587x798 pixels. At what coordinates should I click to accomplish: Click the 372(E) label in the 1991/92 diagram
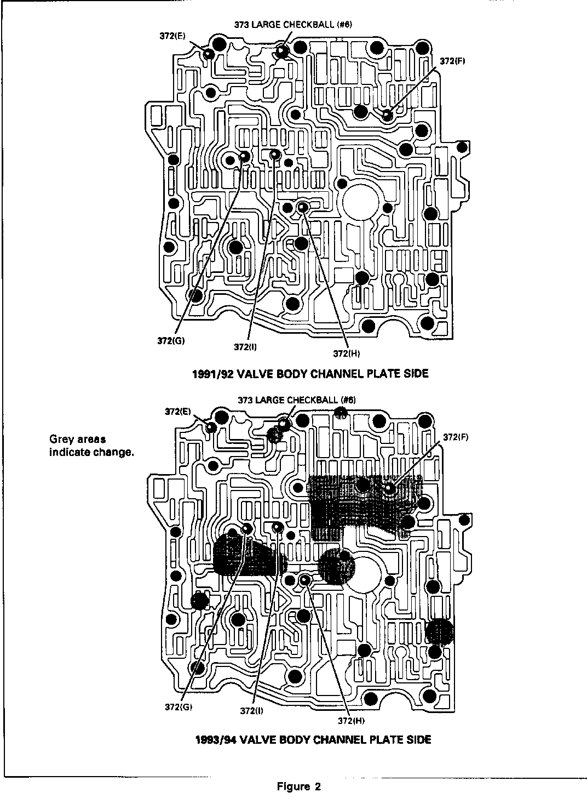tap(172, 36)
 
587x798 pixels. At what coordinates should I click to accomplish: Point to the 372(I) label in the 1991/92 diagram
tap(245, 346)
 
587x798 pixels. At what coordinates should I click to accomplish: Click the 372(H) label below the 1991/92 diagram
tap(347, 354)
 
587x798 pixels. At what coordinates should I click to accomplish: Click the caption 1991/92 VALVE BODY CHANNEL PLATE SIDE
tap(310, 374)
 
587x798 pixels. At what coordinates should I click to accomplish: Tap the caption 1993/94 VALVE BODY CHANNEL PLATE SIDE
tap(313, 739)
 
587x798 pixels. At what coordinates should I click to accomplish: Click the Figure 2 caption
tap(299, 786)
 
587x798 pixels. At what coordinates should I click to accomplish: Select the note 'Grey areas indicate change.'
tap(91, 446)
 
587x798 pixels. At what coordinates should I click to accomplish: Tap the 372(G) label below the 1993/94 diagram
tap(178, 706)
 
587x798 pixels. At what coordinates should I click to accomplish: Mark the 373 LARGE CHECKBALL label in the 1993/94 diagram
tap(296, 400)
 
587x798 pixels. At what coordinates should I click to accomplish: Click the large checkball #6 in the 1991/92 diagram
tap(281, 51)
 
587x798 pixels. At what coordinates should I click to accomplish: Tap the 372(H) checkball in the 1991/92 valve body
tap(302, 207)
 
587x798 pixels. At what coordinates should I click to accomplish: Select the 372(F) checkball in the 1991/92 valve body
tap(387, 115)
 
